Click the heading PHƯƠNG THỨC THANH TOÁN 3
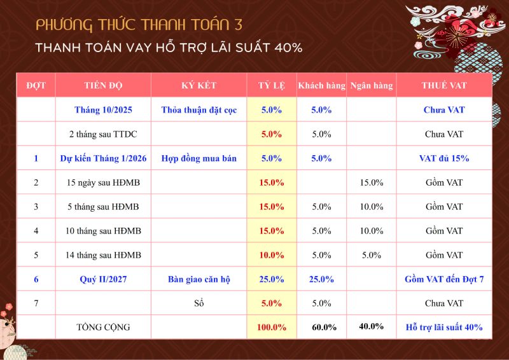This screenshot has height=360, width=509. point(139,25)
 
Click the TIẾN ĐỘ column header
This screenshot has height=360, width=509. point(103,85)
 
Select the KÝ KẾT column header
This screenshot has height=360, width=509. point(199,85)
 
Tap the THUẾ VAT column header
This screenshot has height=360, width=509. point(443,85)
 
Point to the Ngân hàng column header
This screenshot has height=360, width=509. point(372,85)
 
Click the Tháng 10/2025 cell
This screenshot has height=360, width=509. point(103,110)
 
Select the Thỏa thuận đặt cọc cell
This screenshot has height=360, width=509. point(199,110)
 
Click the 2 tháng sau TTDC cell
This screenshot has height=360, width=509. point(103,134)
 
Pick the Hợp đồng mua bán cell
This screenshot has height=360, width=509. point(199,158)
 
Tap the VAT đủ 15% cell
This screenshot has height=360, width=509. point(443,158)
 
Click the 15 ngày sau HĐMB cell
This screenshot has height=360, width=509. point(103,183)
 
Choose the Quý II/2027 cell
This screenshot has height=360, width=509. point(103,279)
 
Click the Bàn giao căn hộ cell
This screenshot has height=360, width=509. point(199,279)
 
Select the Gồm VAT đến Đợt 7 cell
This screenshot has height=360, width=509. point(443,279)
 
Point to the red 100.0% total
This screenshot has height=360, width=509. point(272,328)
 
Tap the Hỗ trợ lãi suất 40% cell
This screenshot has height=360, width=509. point(443,328)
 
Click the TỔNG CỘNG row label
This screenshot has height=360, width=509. point(103,328)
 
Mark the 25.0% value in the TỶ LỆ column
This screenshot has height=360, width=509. point(272,279)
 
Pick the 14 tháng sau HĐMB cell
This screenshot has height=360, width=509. point(103,255)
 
